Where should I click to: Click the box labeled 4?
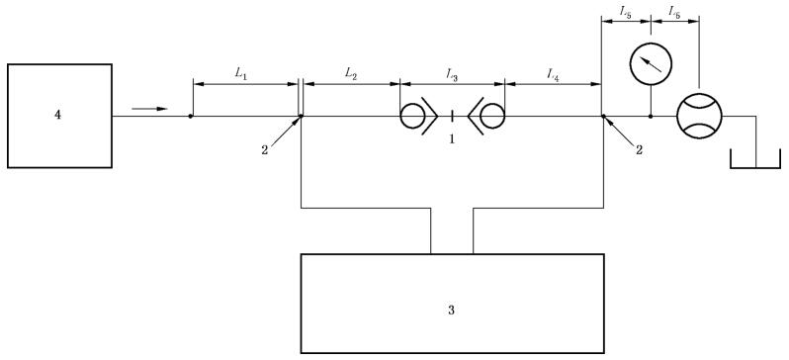59,116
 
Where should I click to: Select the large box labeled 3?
453,303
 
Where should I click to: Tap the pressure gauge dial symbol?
652,63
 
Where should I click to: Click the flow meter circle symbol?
699,116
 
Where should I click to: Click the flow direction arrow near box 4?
149,108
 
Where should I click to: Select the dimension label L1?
241,73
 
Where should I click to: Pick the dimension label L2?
351,73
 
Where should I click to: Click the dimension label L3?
452,74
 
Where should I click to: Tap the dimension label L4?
553,74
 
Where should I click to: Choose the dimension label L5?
626,15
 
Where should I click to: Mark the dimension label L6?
674,15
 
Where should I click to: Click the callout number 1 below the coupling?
452,139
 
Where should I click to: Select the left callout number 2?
265,150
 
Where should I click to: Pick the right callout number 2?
639,150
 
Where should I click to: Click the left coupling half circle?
412,117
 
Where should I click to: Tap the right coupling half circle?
492,117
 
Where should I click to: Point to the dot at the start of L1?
190,117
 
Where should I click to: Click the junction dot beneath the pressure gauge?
651,117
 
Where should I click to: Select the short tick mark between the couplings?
453,117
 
